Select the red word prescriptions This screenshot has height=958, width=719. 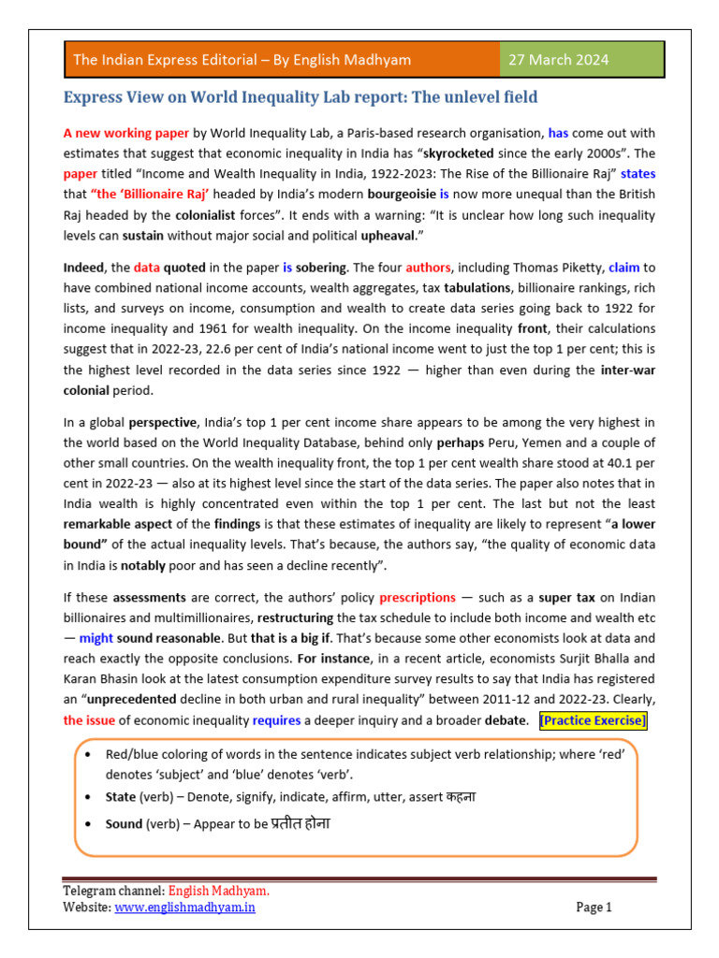pos(418,597)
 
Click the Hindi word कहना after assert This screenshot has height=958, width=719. pos(460,797)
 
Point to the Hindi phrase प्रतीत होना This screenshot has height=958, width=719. pos(301,825)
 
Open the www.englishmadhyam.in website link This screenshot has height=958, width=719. pos(185,907)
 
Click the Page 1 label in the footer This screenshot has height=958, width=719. pos(594,907)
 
